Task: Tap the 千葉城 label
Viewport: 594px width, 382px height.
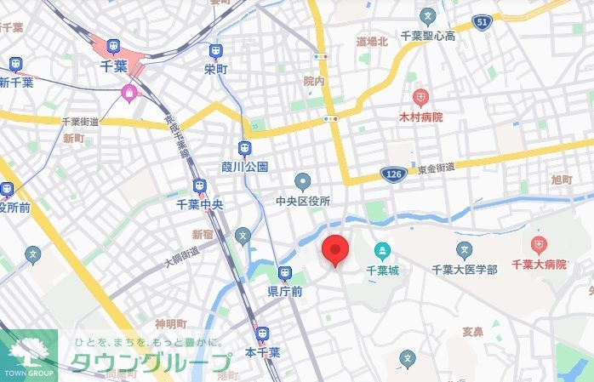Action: (x=382, y=270)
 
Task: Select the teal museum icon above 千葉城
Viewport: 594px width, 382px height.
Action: (x=382, y=251)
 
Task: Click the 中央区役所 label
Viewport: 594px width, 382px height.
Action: (x=302, y=201)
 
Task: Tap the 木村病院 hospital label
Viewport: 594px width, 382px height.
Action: (x=420, y=117)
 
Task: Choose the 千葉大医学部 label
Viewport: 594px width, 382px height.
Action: (x=464, y=270)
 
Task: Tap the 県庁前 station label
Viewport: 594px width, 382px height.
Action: (x=285, y=291)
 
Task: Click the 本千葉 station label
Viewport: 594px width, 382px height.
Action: (x=263, y=351)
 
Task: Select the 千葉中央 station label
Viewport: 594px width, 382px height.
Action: (x=200, y=204)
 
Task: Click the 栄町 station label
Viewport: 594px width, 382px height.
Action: (x=216, y=69)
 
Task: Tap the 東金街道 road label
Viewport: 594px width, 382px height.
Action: (x=435, y=170)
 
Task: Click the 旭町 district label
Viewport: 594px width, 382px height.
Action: (x=562, y=180)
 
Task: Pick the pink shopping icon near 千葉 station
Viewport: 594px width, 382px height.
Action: (x=129, y=93)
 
